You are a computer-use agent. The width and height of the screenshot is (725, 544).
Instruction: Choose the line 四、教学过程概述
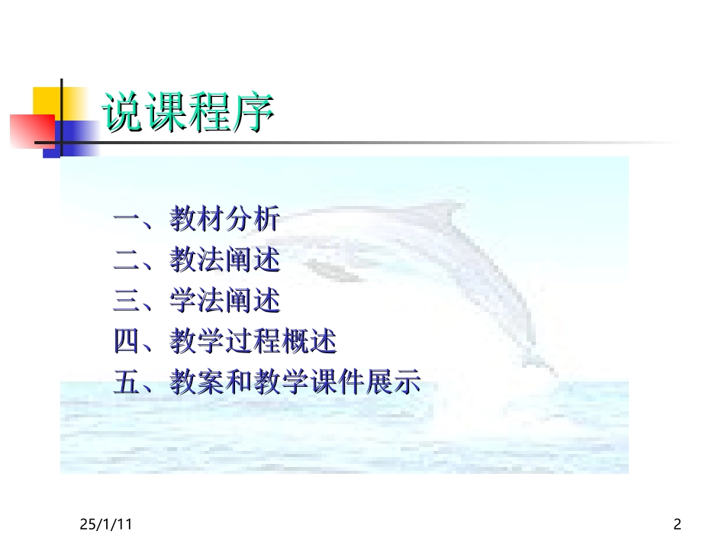(225, 342)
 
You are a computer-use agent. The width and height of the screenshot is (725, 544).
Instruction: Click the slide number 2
(677, 524)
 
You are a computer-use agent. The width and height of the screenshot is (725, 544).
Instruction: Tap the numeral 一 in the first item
(127, 222)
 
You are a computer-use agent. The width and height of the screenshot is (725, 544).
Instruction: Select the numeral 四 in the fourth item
(127, 342)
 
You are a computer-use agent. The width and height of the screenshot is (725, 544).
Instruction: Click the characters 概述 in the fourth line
(309, 342)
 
